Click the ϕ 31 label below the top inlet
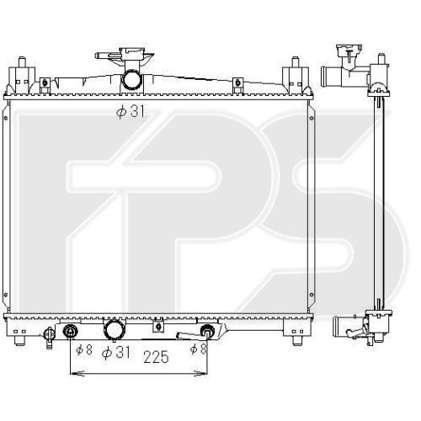(x=131, y=112)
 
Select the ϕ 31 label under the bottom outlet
(x=116, y=352)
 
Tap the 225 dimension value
(x=157, y=357)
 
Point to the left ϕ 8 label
(x=84, y=349)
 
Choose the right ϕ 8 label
(x=198, y=349)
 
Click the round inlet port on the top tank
(x=131, y=79)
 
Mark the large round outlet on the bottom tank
(x=115, y=330)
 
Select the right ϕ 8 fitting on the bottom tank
(x=208, y=330)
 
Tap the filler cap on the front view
(x=132, y=55)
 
